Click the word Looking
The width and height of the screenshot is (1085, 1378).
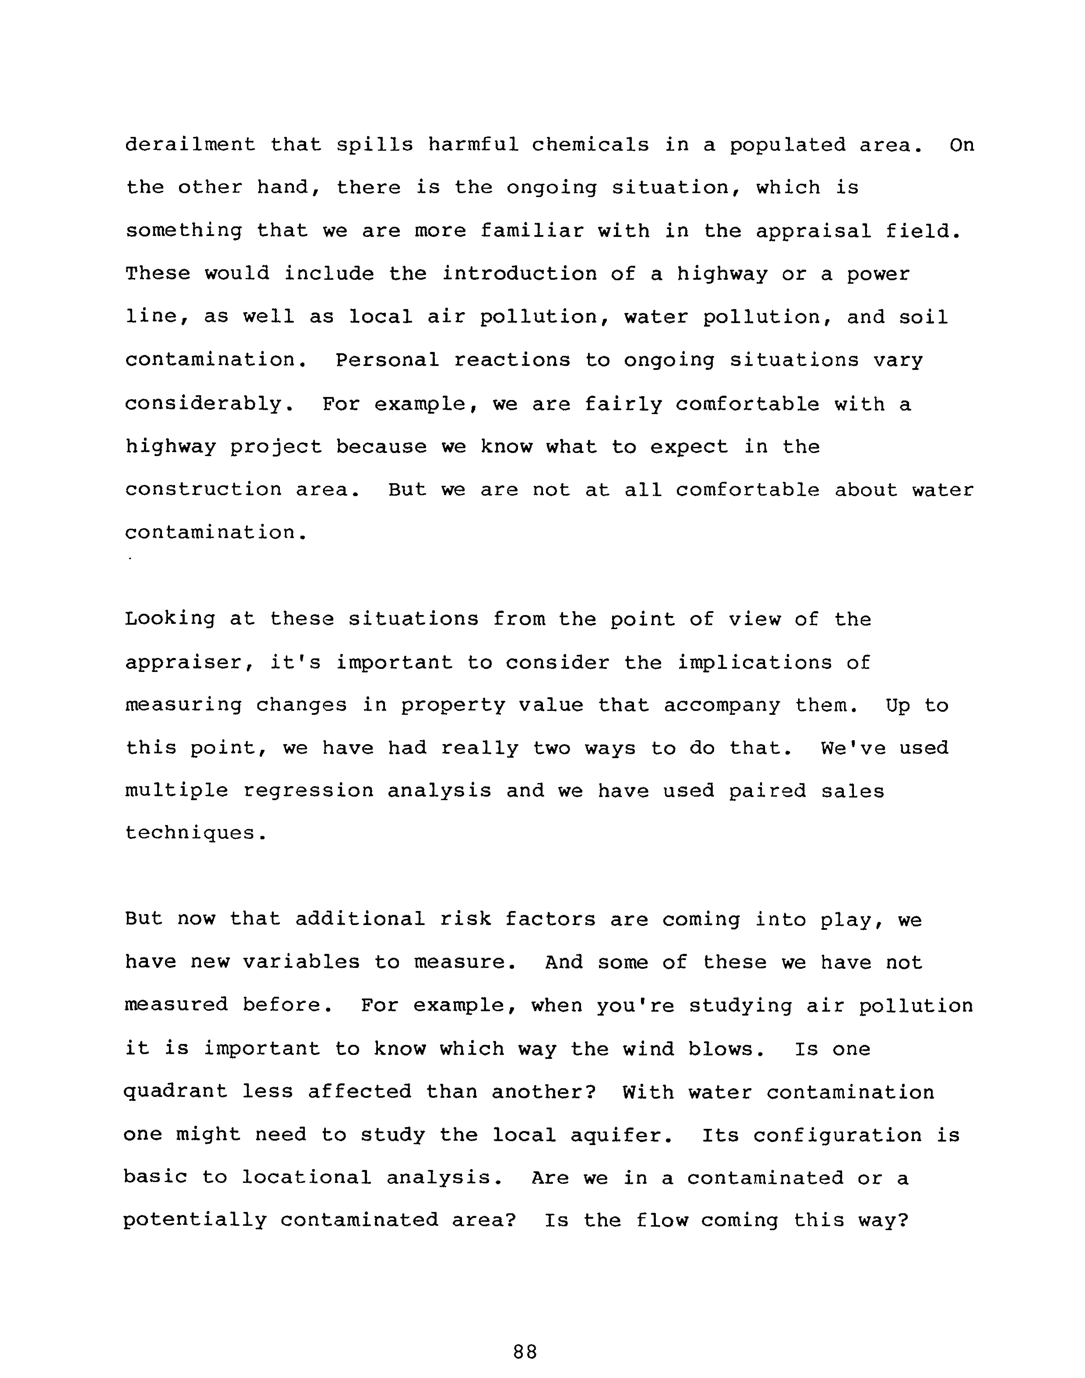170,619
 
